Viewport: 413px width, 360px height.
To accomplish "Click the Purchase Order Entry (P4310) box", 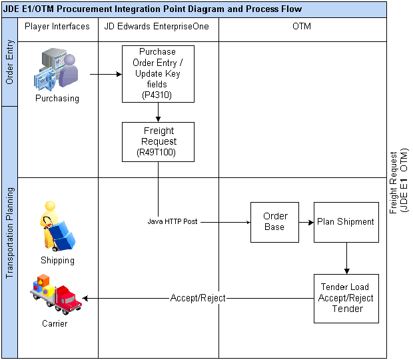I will click(158, 73).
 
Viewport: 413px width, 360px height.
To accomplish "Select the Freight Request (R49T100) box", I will click(158, 141).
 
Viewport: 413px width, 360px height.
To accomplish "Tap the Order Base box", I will click(274, 221).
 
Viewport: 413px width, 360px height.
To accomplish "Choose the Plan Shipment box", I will click(346, 221).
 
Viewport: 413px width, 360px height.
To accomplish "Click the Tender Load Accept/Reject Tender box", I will click(346, 298).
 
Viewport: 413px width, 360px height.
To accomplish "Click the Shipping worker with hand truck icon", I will click(57, 226).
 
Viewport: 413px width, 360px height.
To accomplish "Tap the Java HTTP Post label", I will click(173, 221).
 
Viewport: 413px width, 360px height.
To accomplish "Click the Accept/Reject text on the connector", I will click(197, 298).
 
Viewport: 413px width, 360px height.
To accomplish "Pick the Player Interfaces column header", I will click(57, 27).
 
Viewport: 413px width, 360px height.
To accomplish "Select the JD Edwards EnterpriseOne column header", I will click(158, 27).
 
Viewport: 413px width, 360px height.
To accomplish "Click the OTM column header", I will click(302, 27).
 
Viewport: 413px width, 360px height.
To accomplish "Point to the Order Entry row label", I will click(9, 64).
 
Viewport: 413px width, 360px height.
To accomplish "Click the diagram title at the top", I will click(153, 9).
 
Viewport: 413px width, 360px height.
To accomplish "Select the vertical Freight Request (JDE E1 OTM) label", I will click(398, 180).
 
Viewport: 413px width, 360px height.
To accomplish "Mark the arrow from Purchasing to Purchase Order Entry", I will click(105, 74).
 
